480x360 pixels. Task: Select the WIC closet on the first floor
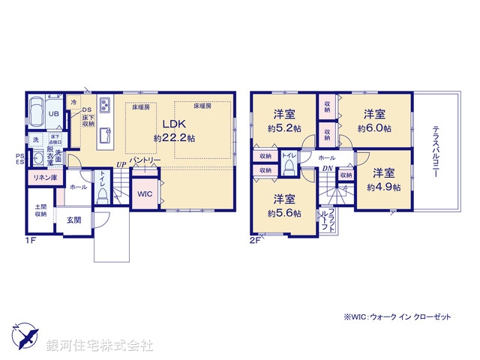pyautogui.click(x=145, y=193)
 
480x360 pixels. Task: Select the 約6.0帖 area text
pyautogui.click(x=374, y=129)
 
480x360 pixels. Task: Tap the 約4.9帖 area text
pyautogui.click(x=384, y=187)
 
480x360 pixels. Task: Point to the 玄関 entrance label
pyautogui.click(x=73, y=220)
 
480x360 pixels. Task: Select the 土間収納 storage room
pyautogui.click(x=40, y=210)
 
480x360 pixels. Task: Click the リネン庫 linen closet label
pyautogui.click(x=44, y=178)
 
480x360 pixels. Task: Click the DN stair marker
pyautogui.click(x=328, y=169)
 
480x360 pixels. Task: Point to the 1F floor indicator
pyautogui.click(x=30, y=241)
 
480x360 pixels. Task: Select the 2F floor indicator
pyautogui.click(x=255, y=241)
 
